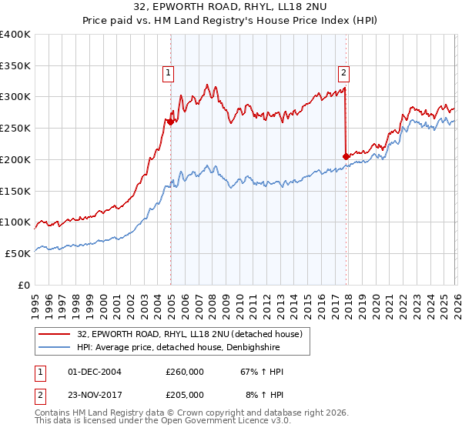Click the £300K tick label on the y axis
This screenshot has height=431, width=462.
click(x=15, y=97)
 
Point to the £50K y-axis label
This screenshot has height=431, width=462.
click(x=18, y=253)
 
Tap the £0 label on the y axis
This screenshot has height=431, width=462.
click(x=25, y=285)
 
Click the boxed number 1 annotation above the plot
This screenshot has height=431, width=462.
click(x=168, y=74)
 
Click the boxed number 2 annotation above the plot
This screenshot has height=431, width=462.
click(x=343, y=74)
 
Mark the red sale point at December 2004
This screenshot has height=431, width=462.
click(x=169, y=122)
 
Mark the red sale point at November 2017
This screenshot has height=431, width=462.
click(x=346, y=156)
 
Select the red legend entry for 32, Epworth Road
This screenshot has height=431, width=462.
click(x=192, y=333)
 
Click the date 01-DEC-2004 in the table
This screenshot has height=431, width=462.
click(x=95, y=372)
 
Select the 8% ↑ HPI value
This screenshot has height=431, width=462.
click(x=263, y=394)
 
